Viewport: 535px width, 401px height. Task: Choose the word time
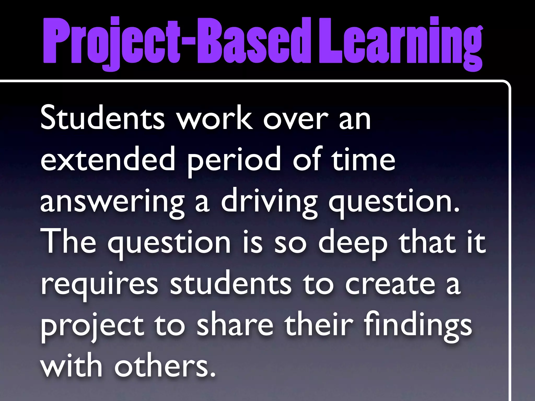[x=363, y=159]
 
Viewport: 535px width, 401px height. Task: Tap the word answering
[x=112, y=202]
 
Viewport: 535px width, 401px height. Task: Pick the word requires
[x=99, y=285]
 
